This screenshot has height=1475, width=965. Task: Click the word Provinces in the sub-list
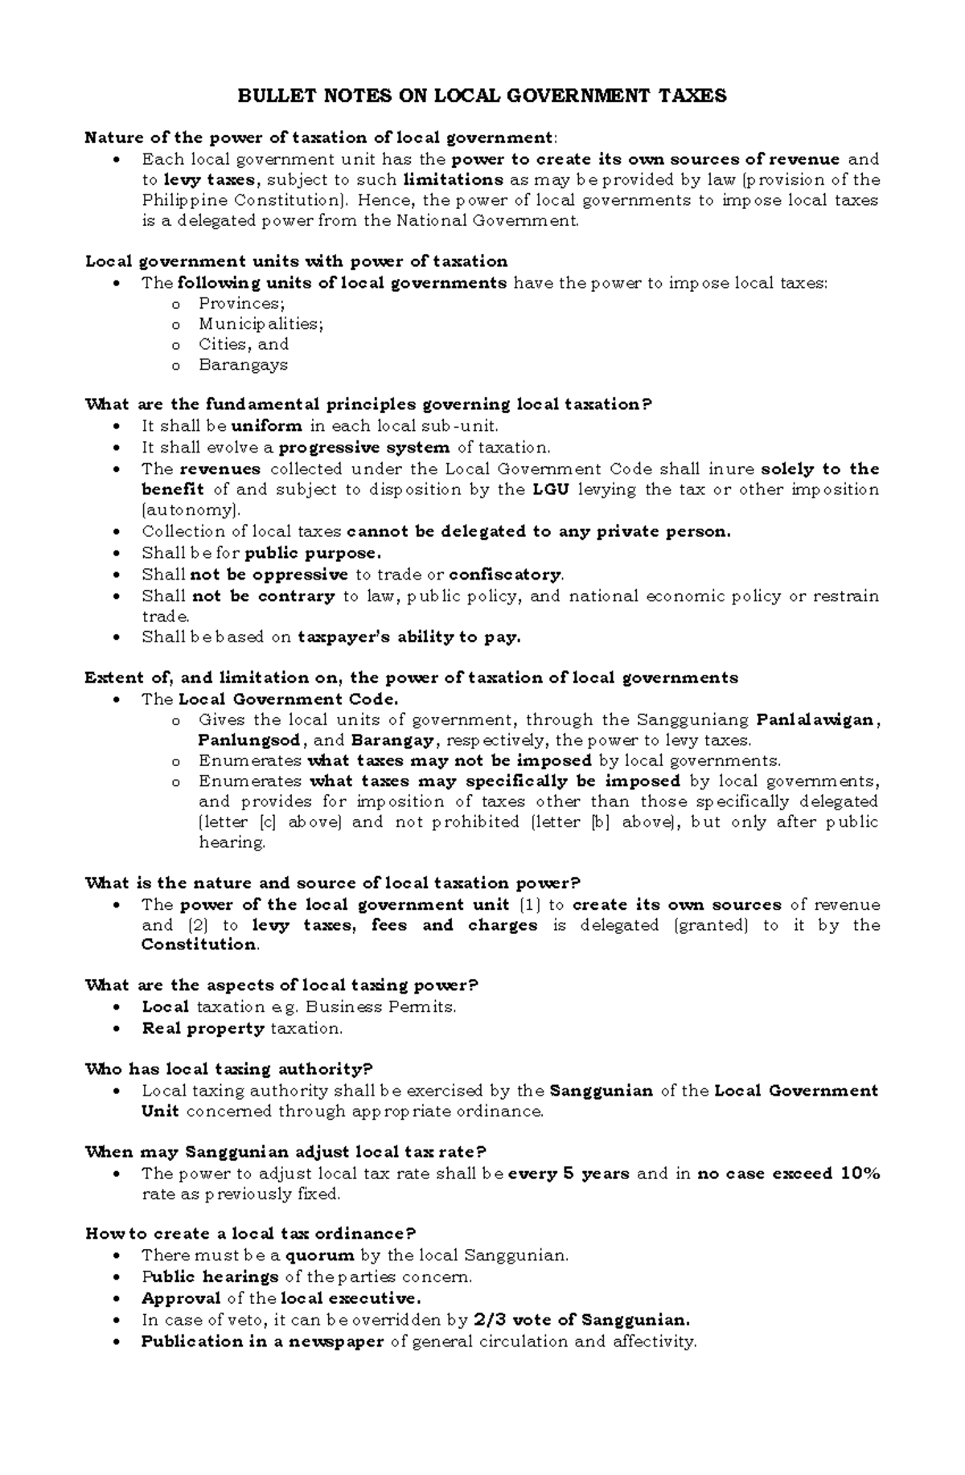coord(240,303)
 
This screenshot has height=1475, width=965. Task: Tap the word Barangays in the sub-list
coord(243,365)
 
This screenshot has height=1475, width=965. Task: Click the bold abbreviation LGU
coord(551,490)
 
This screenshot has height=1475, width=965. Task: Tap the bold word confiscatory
coord(506,575)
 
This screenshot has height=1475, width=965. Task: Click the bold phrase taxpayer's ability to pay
coord(409,637)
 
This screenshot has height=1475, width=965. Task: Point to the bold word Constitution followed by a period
coord(199,944)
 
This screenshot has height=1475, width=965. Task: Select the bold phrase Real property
coord(203,1028)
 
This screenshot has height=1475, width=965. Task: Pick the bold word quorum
coord(326,1256)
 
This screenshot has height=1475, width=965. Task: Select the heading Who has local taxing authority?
coord(229,1069)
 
